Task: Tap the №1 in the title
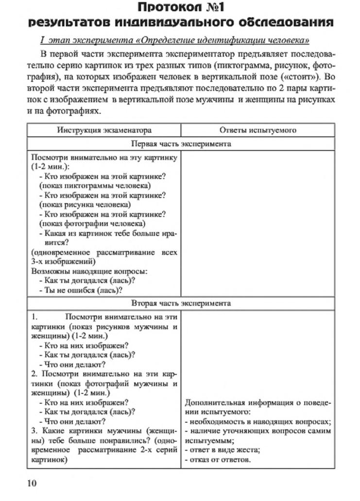pos(213,8)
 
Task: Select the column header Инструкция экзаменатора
pos(104,130)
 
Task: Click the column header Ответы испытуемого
pos(257,130)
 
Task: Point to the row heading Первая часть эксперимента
pos(181,144)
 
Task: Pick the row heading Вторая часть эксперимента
pos(181,303)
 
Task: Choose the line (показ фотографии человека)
pos(92,224)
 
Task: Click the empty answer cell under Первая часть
pos(257,224)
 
